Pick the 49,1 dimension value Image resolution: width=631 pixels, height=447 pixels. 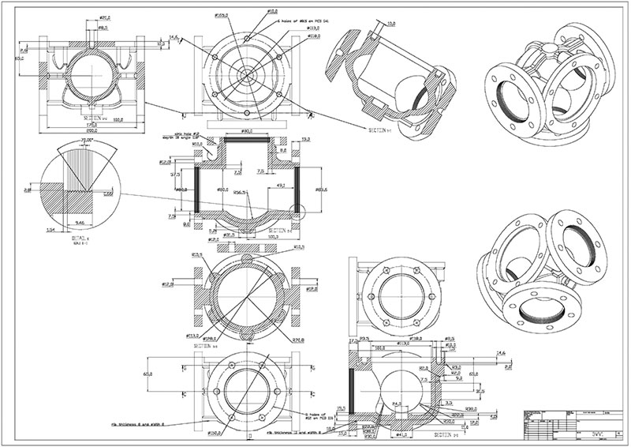[x=280, y=186]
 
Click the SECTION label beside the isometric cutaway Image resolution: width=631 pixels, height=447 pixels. [x=381, y=129]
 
